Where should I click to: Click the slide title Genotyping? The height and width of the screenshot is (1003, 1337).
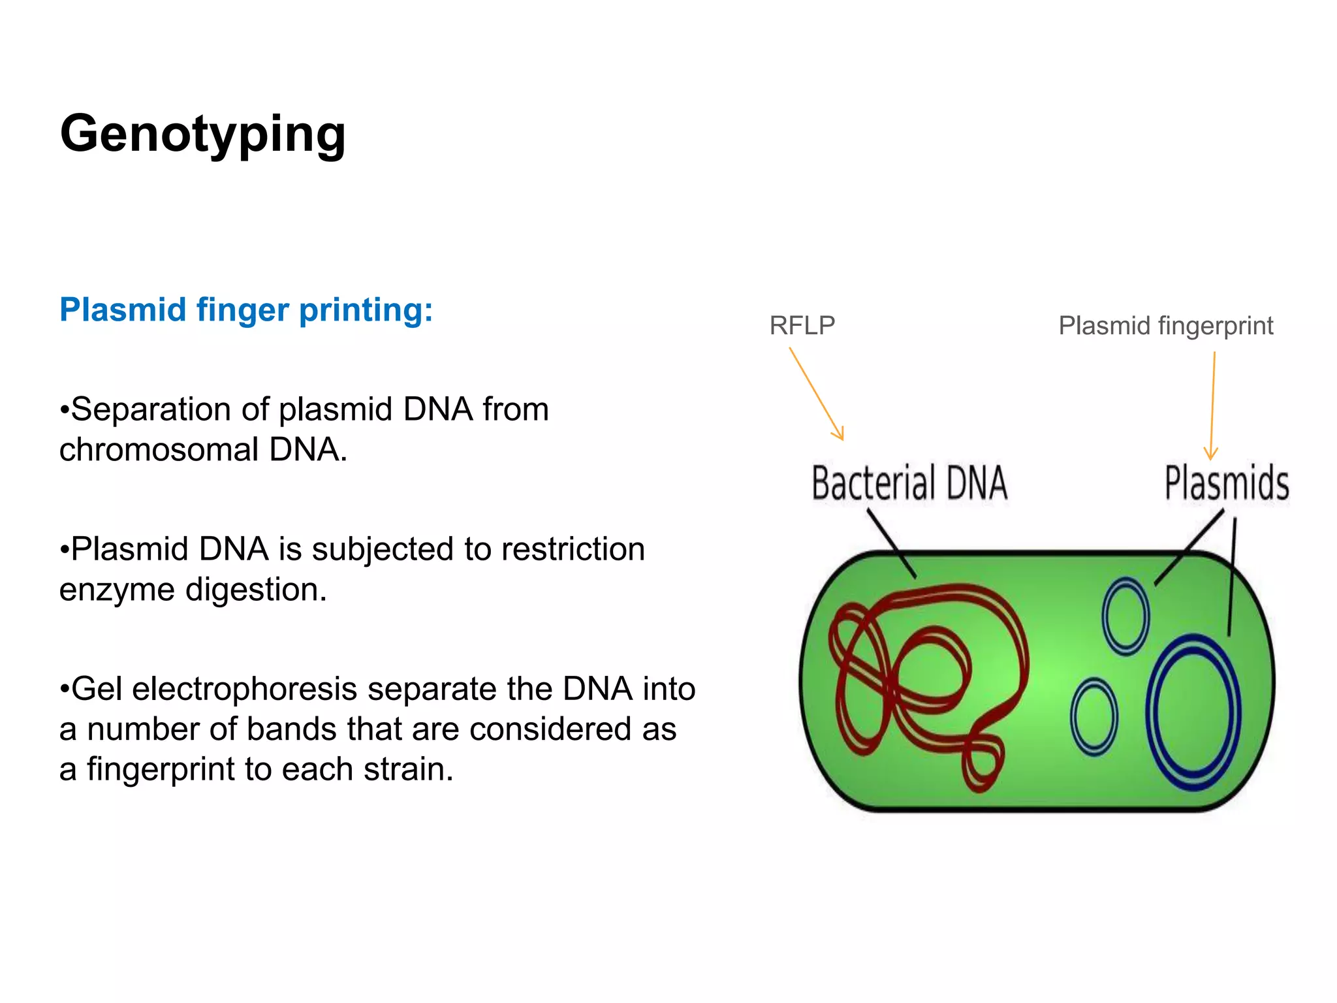202,134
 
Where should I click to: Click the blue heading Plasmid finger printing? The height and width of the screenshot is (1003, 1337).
245,310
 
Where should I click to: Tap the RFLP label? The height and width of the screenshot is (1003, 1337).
802,325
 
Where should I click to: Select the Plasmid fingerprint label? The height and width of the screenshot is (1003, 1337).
1165,325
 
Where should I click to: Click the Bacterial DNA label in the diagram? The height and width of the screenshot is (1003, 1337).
909,483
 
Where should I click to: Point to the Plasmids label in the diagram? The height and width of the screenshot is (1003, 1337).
1226,483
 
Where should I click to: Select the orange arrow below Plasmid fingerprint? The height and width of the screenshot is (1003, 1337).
1212,405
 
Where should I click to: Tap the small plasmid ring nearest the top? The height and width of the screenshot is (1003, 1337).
1125,616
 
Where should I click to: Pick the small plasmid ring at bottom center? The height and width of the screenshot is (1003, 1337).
1094,717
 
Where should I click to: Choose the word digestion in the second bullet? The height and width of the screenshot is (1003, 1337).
256,590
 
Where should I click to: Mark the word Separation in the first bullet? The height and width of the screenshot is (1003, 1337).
151,409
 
